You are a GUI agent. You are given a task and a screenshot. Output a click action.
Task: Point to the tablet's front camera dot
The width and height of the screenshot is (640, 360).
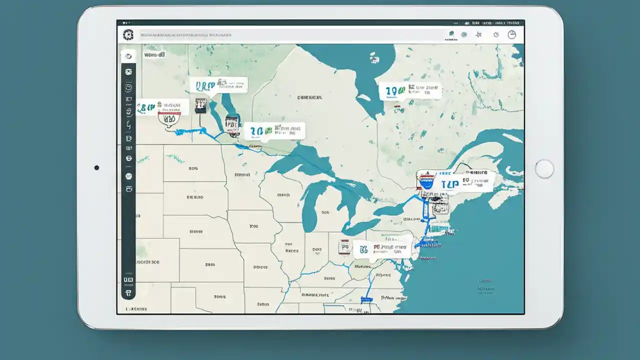tap(96, 168)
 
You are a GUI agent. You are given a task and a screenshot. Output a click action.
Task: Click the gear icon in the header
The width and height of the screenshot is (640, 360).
tap(128, 35)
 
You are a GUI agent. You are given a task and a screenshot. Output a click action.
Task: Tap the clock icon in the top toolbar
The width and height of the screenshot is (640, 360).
tap(511, 34)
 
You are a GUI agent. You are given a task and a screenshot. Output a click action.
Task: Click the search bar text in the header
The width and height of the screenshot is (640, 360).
tap(185, 35)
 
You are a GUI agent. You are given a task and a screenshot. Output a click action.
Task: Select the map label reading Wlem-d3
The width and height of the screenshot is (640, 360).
tap(154, 55)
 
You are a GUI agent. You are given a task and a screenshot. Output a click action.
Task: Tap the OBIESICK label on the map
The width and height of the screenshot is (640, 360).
tap(309, 98)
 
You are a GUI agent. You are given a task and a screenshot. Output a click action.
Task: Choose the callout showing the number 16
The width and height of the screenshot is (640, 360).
tap(382, 248)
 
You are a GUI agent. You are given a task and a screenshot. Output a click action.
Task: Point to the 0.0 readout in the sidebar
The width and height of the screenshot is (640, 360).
tap(128, 280)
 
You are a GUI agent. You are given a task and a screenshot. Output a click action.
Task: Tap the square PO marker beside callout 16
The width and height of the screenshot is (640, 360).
tap(344, 246)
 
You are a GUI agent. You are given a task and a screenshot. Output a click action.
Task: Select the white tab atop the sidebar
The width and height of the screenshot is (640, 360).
tap(128, 56)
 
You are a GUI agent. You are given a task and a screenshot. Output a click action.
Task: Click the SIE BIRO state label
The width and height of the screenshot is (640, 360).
tap(195, 197)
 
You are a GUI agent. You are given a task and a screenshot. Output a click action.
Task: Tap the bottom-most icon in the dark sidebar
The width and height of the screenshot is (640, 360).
tap(128, 293)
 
